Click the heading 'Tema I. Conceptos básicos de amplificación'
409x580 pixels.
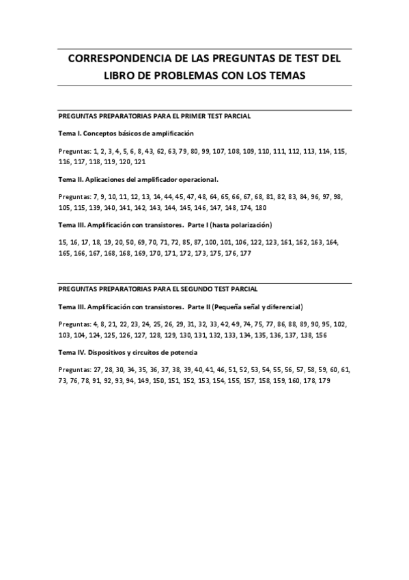tap(126, 133)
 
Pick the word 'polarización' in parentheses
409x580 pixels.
tap(246, 226)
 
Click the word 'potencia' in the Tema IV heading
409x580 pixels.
tap(181, 352)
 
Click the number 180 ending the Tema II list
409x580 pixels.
tap(261, 208)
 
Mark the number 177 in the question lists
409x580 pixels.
tap(245, 254)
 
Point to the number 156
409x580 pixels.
tap(321, 335)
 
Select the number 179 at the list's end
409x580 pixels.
tap(324, 381)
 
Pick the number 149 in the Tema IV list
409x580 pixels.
tap(143, 381)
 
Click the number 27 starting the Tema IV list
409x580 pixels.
tap(96, 370)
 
